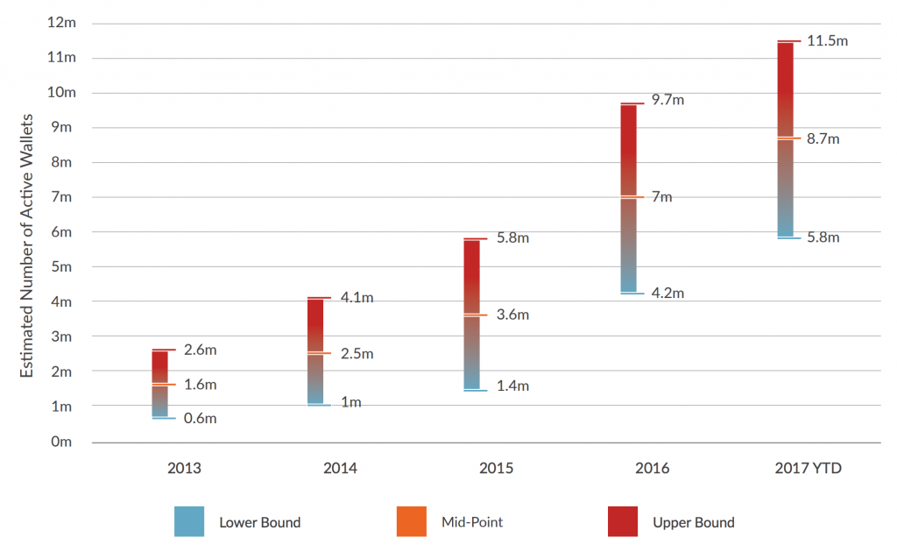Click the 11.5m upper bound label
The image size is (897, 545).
[x=827, y=40]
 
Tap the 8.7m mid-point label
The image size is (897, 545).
[x=823, y=139]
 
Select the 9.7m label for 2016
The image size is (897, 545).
[x=667, y=100]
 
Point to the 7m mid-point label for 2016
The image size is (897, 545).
[x=662, y=197]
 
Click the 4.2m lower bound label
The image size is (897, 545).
[x=667, y=294]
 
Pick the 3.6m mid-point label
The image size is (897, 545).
[x=512, y=315]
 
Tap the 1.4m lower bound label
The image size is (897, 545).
[x=512, y=386]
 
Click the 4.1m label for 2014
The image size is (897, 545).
[x=357, y=298]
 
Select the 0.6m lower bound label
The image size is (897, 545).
[x=201, y=419]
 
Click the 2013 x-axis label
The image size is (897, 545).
[x=184, y=468]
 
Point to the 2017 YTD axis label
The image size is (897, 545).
[x=809, y=468]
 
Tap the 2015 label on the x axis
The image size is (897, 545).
[x=496, y=468]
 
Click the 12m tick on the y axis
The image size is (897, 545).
[x=62, y=22]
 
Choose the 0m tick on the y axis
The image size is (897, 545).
[x=61, y=442]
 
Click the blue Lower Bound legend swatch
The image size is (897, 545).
[x=189, y=521]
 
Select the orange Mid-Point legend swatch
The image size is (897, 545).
[x=412, y=521]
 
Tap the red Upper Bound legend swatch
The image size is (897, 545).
[x=623, y=521]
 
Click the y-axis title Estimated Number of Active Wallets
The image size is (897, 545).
[x=27, y=245]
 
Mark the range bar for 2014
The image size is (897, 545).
[x=315, y=351]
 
